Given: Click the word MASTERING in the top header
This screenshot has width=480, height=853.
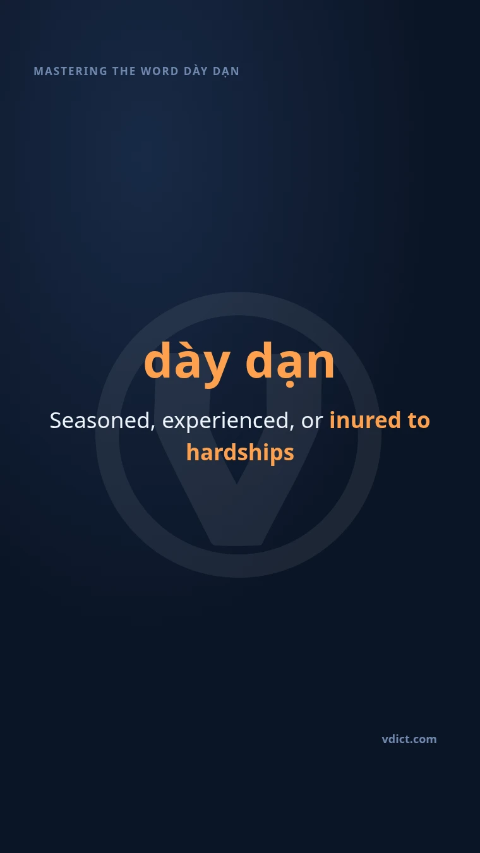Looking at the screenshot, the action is click(x=71, y=71).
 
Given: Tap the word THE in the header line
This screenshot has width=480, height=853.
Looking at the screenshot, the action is click(x=124, y=71).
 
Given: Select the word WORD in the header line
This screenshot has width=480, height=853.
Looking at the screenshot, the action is click(x=160, y=71).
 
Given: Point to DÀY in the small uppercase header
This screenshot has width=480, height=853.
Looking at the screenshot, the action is click(x=196, y=71).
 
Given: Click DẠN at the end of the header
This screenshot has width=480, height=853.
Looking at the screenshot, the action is click(x=226, y=71).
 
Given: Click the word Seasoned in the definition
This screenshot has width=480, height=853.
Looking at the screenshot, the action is click(x=100, y=421).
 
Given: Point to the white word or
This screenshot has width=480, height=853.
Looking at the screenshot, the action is click(x=312, y=422).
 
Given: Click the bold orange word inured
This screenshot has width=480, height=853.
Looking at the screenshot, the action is click(x=365, y=420).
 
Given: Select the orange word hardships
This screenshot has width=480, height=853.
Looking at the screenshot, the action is click(x=241, y=453).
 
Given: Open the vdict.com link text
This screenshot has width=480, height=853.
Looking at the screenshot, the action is click(x=409, y=739).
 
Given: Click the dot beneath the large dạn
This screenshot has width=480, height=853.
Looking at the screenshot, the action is click(x=290, y=384).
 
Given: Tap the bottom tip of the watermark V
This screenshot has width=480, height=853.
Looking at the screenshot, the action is click(x=237, y=544).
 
